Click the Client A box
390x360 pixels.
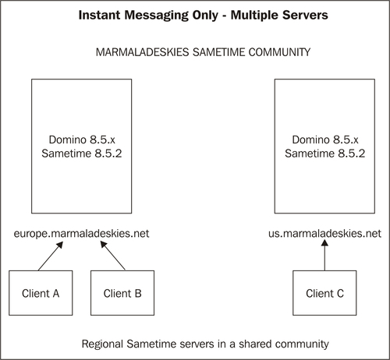coord(40,293)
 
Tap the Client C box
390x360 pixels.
coord(324,293)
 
